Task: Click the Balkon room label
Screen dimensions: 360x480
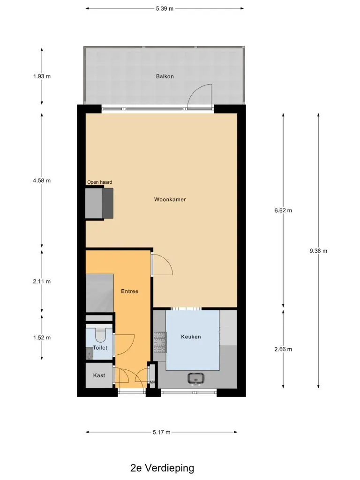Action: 165,76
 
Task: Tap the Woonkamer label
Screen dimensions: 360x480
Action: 170,199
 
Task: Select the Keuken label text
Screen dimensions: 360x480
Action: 191,337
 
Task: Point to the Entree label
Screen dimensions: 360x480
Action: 129,291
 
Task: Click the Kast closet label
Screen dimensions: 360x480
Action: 99,375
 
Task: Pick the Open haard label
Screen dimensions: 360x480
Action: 99,182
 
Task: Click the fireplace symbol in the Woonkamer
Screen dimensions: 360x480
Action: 99,203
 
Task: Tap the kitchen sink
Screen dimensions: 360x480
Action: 196,379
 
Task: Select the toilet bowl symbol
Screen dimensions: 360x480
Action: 100,335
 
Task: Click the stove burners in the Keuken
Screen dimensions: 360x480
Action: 160,342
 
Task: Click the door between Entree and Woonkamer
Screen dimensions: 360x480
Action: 163,265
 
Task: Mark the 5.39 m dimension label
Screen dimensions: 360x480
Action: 165,8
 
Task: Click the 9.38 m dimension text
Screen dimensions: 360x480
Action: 318,251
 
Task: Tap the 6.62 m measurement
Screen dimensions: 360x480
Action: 283,210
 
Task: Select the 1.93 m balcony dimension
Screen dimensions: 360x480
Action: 42,76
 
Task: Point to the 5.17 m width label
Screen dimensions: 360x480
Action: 162,432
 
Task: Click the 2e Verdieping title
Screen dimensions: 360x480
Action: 162,468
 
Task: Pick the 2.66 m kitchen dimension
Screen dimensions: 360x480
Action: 283,349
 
